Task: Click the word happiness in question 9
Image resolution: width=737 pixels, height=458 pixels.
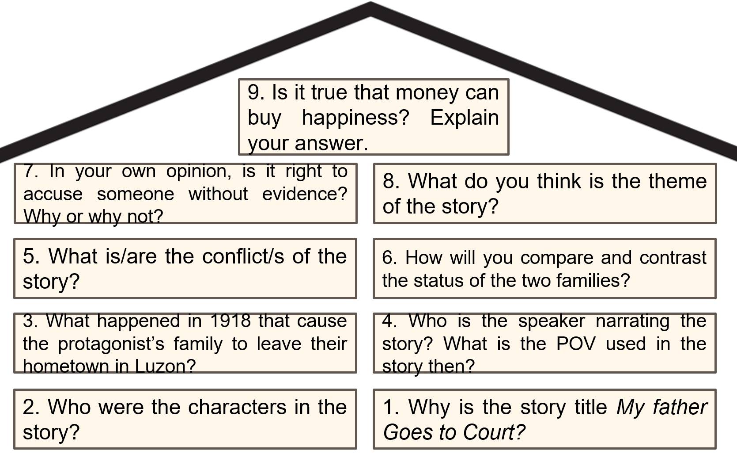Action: (x=355, y=118)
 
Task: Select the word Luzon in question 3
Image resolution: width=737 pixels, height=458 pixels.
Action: (x=165, y=366)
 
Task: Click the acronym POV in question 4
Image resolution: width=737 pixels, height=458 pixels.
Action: (x=576, y=343)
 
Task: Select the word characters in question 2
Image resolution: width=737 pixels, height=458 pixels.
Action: (x=237, y=407)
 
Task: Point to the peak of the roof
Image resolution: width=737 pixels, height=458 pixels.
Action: (x=370, y=3)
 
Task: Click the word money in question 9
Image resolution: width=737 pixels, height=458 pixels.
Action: (x=427, y=93)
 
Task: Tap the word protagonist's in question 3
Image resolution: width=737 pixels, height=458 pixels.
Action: (x=111, y=344)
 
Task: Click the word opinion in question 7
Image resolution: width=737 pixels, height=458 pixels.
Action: (x=199, y=172)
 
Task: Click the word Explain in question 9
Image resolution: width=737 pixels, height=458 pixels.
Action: (x=465, y=118)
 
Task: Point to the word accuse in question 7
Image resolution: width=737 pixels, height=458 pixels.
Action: (x=53, y=194)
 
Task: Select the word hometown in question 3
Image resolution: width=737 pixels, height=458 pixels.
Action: (x=66, y=366)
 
